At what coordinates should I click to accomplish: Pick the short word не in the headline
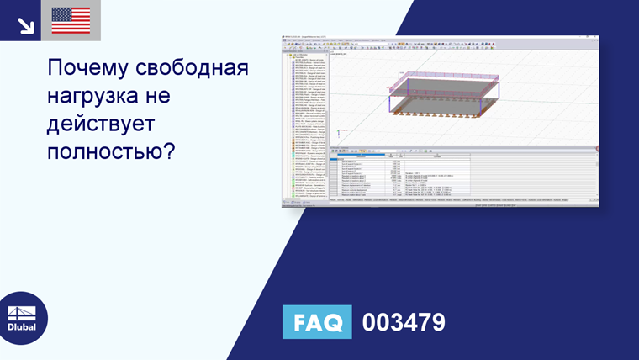[x=165, y=97]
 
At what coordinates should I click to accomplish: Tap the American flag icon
[x=71, y=20]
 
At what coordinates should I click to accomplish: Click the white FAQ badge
[x=317, y=322]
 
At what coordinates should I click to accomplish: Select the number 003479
[x=403, y=322]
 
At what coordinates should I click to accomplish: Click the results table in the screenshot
[x=462, y=177]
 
